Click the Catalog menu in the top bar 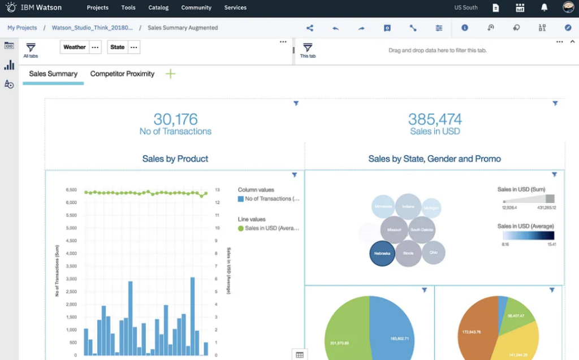158,8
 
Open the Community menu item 196,8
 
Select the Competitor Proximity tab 122,74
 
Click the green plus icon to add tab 170,74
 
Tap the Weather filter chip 75,47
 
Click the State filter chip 118,47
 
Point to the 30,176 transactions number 175,119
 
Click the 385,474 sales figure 435,119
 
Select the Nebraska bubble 382,253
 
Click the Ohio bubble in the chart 433,253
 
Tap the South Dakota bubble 422,230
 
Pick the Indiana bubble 408,207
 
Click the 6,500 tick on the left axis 71,190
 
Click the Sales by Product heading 175,159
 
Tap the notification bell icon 544,8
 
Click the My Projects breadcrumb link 22,28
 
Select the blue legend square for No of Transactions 241,199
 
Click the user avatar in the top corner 568,8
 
